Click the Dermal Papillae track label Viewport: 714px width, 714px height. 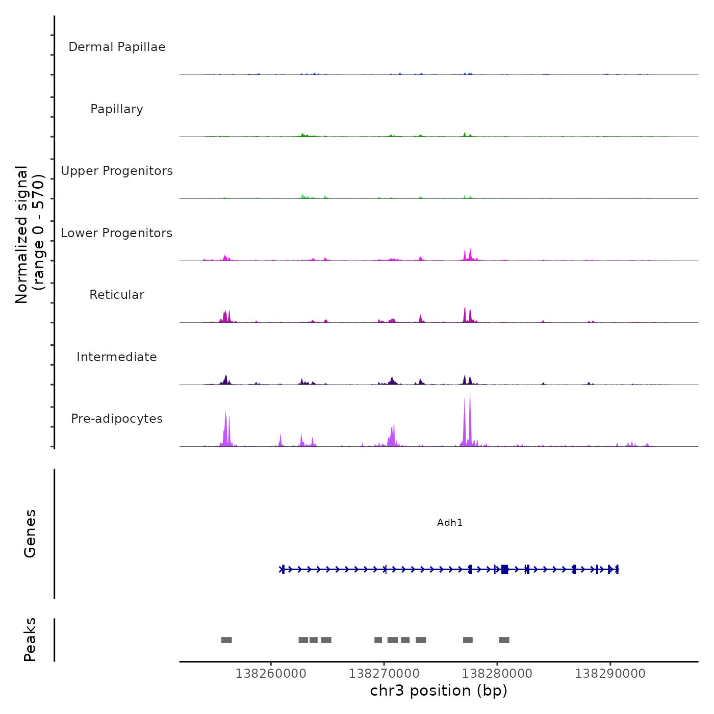tap(117, 47)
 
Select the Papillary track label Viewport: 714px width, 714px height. tap(117, 109)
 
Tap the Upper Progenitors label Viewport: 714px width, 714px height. tap(117, 171)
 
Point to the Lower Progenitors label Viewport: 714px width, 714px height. tap(117, 233)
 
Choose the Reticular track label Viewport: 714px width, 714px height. tap(117, 295)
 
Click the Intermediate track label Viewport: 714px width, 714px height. tap(117, 357)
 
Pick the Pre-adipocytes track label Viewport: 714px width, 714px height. tap(117, 419)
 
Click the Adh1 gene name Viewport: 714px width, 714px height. tap(450, 522)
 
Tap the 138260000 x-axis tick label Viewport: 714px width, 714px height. tap(271, 674)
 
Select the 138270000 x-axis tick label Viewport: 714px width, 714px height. tap(384, 674)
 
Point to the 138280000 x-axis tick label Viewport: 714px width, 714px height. tap(497, 674)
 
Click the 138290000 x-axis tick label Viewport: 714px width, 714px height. tap(610, 674)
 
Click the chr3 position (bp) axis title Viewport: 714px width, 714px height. tap(439, 691)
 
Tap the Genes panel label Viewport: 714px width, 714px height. tap(30, 533)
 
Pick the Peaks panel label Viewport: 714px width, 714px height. tap(30, 640)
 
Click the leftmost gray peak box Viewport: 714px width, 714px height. tap(226, 640)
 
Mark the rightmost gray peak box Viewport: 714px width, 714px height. tap(504, 640)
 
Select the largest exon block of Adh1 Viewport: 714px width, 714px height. tap(504, 569)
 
